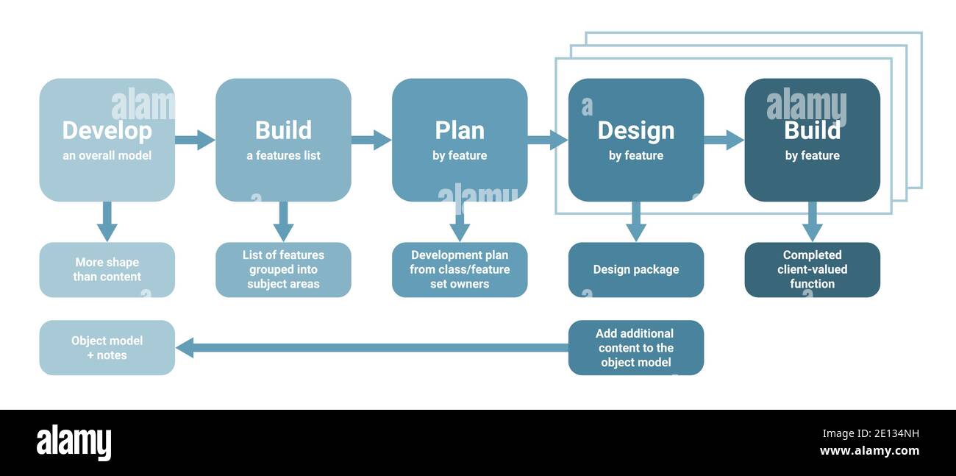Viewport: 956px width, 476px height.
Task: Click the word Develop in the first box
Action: (x=107, y=130)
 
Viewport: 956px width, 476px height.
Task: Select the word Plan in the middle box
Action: (x=460, y=130)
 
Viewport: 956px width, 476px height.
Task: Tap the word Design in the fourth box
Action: (x=635, y=130)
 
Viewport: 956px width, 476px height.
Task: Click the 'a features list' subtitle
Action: (x=283, y=156)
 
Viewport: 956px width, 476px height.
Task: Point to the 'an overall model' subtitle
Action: (x=107, y=156)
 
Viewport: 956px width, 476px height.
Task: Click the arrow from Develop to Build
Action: (x=195, y=140)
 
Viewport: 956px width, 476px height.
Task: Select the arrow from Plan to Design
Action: (x=547, y=140)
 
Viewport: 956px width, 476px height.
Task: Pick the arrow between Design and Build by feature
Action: (x=724, y=140)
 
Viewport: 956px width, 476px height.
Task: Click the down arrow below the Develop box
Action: (x=107, y=221)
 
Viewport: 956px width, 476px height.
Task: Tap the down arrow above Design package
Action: (x=636, y=221)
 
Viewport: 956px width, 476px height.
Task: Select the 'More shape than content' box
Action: (x=107, y=269)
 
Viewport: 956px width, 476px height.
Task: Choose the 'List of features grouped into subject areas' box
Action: (x=283, y=269)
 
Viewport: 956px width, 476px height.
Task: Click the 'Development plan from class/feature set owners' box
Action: (x=460, y=269)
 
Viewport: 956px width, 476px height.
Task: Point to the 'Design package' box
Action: (x=636, y=269)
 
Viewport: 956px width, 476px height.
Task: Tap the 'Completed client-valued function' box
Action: (x=812, y=269)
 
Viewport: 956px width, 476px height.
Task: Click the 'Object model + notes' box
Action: (x=107, y=347)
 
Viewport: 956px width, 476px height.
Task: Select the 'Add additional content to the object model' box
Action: (x=636, y=347)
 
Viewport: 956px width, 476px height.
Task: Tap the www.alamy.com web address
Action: (x=869, y=451)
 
